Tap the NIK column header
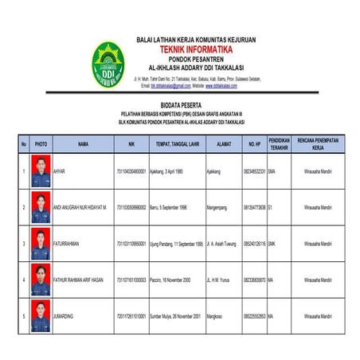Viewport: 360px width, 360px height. click(x=131, y=144)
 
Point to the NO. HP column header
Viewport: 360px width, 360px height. click(x=254, y=144)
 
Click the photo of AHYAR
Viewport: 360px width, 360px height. click(x=41, y=172)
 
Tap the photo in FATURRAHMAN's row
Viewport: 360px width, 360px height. click(x=41, y=243)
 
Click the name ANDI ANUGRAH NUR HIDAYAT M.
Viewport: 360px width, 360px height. click(x=80, y=207)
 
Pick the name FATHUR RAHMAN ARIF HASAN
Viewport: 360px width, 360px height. click(x=78, y=280)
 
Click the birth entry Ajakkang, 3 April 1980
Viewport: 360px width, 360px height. click(x=172, y=172)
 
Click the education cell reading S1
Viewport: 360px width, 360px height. click(x=271, y=207)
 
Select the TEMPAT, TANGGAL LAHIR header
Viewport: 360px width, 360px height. click(x=177, y=144)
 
